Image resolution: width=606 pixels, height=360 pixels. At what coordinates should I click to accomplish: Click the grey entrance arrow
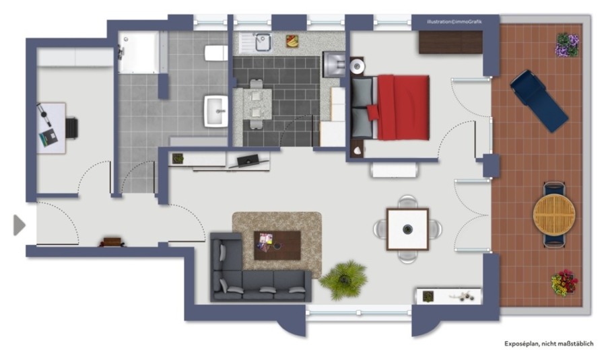tap(19, 225)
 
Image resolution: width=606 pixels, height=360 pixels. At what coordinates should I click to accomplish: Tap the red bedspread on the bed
tap(403, 107)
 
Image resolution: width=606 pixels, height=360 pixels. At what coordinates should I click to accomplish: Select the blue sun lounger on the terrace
tap(539, 101)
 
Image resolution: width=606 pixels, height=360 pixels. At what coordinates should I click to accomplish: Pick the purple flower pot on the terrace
tap(567, 45)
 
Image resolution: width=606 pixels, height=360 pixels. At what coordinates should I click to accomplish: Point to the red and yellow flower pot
tap(564, 283)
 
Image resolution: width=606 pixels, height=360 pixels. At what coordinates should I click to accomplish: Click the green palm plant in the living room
tap(343, 279)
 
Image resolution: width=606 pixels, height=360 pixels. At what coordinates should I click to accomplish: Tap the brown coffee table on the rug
tap(277, 246)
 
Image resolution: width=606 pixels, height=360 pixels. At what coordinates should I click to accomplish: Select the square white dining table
tap(408, 229)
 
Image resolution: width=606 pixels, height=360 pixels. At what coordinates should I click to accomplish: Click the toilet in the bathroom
tap(215, 53)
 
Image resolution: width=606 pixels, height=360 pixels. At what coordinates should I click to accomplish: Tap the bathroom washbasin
tap(216, 111)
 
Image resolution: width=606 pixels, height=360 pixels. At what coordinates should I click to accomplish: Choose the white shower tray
tap(139, 52)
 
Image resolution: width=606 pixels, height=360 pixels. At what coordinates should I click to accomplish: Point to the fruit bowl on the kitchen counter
tap(292, 41)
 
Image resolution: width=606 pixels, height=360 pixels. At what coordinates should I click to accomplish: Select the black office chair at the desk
tap(72, 129)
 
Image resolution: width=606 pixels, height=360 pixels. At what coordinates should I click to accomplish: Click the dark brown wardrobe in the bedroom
tap(451, 42)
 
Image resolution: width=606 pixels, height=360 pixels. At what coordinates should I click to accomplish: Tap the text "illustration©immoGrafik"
tap(454, 22)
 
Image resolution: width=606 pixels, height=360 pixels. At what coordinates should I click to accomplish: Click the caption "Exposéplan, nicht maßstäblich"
tap(549, 344)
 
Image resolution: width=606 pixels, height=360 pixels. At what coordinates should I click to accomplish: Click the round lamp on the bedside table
tap(357, 67)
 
